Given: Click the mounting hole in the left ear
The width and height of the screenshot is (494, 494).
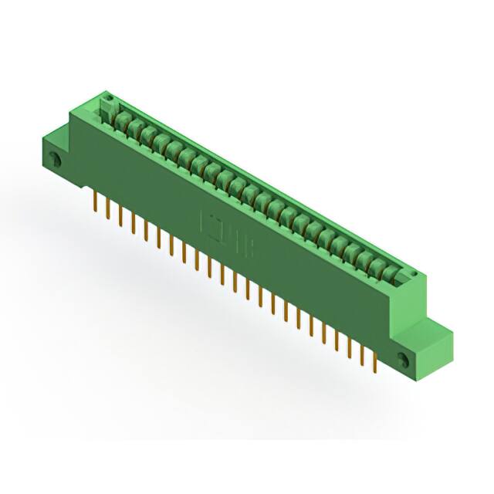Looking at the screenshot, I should pos(55,160).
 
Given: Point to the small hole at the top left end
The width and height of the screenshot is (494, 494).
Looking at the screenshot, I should pos(109,98).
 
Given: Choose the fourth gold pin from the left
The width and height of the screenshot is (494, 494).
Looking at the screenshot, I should pos(134,225).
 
